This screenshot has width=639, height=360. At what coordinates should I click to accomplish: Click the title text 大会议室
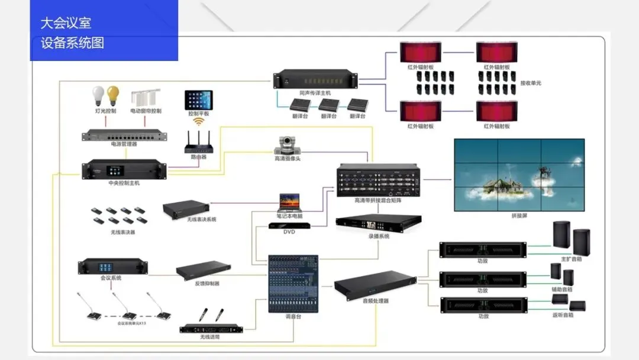click(65, 24)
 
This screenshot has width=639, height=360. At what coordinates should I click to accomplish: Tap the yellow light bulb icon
click(112, 95)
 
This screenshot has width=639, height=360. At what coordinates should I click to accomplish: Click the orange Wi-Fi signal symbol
click(198, 121)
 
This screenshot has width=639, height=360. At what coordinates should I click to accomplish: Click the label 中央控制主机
click(124, 184)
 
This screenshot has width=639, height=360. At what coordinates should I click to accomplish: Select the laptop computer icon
click(290, 202)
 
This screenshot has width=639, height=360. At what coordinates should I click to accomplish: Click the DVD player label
click(289, 232)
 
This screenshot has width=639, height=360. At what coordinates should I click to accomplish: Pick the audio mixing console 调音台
click(293, 284)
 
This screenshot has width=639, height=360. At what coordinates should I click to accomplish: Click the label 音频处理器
click(375, 301)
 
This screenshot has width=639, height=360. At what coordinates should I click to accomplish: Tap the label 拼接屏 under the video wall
click(519, 216)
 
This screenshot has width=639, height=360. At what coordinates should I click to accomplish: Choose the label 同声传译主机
click(315, 93)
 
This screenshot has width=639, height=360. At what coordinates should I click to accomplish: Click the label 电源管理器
click(124, 144)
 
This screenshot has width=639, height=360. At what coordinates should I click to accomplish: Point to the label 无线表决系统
click(201, 220)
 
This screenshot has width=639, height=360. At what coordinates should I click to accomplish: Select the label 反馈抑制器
click(206, 284)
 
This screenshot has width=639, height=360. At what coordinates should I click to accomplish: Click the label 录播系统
click(379, 236)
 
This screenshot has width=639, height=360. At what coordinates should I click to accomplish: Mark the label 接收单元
click(530, 83)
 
